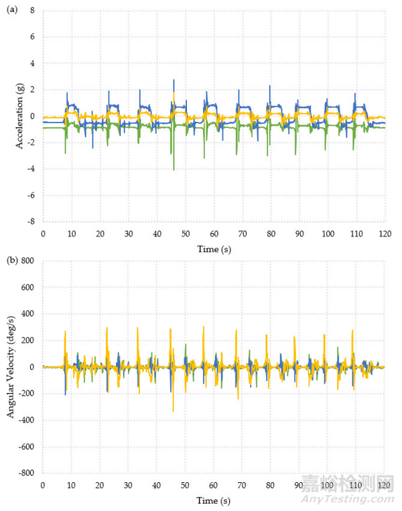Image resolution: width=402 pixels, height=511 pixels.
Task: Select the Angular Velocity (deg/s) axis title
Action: (12, 367)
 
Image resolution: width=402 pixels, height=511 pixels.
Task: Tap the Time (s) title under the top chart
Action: (213, 248)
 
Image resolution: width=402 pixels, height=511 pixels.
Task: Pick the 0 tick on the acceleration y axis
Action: (32, 116)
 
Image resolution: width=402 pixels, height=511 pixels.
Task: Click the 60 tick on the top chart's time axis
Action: (213, 234)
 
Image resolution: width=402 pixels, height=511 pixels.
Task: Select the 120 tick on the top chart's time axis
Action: (384, 234)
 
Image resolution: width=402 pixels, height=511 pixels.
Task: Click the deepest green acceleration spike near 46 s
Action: (174, 169)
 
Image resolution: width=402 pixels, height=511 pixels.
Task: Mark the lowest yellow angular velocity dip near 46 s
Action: (173, 411)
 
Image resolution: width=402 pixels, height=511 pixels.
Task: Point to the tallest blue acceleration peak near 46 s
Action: (174, 80)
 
